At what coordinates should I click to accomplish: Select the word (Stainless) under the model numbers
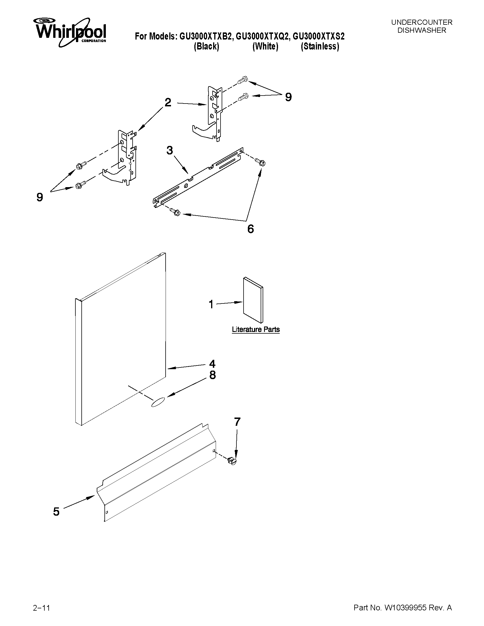(320, 46)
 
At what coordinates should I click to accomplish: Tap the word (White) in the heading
(265, 46)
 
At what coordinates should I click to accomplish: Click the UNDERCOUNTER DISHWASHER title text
(421, 26)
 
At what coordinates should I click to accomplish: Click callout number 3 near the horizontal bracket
(170, 150)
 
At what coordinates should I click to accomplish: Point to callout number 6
(250, 229)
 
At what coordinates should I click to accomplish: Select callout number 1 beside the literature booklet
(211, 304)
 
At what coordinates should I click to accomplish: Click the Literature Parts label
(256, 330)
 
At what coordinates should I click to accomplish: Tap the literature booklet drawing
(253, 300)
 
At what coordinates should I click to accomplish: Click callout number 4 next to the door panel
(212, 364)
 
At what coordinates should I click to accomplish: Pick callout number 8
(212, 375)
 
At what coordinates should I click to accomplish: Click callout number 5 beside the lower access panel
(56, 512)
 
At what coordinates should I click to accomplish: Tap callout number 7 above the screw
(237, 422)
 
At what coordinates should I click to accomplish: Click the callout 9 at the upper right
(288, 97)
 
